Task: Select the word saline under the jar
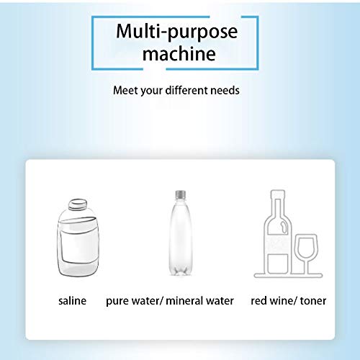(72, 300)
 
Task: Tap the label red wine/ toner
(288, 300)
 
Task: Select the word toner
(312, 300)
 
